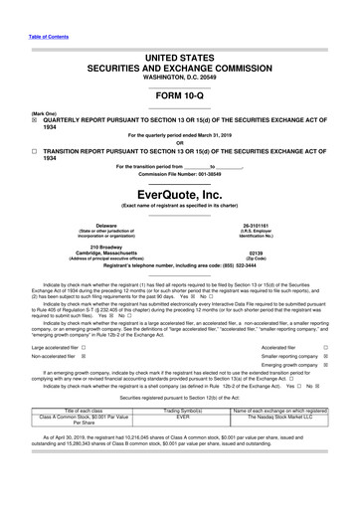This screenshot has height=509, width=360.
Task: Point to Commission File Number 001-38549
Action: point(180,172)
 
